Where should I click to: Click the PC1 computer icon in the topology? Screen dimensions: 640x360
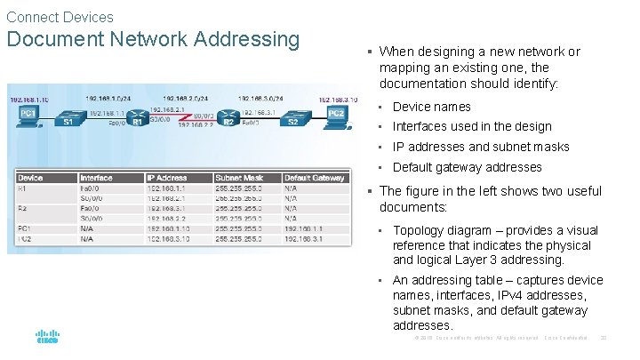tap(28, 116)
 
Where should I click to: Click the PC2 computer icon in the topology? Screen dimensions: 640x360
tap(336, 115)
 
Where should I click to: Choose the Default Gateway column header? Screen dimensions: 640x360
tap(315, 178)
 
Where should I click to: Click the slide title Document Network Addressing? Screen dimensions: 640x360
tap(153, 39)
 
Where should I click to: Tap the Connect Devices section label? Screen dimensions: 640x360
tap(60, 17)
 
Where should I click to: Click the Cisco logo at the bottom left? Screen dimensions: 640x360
tap(47, 337)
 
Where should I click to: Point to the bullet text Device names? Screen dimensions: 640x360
tap(431, 107)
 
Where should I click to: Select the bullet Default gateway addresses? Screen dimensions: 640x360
tap(467, 167)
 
